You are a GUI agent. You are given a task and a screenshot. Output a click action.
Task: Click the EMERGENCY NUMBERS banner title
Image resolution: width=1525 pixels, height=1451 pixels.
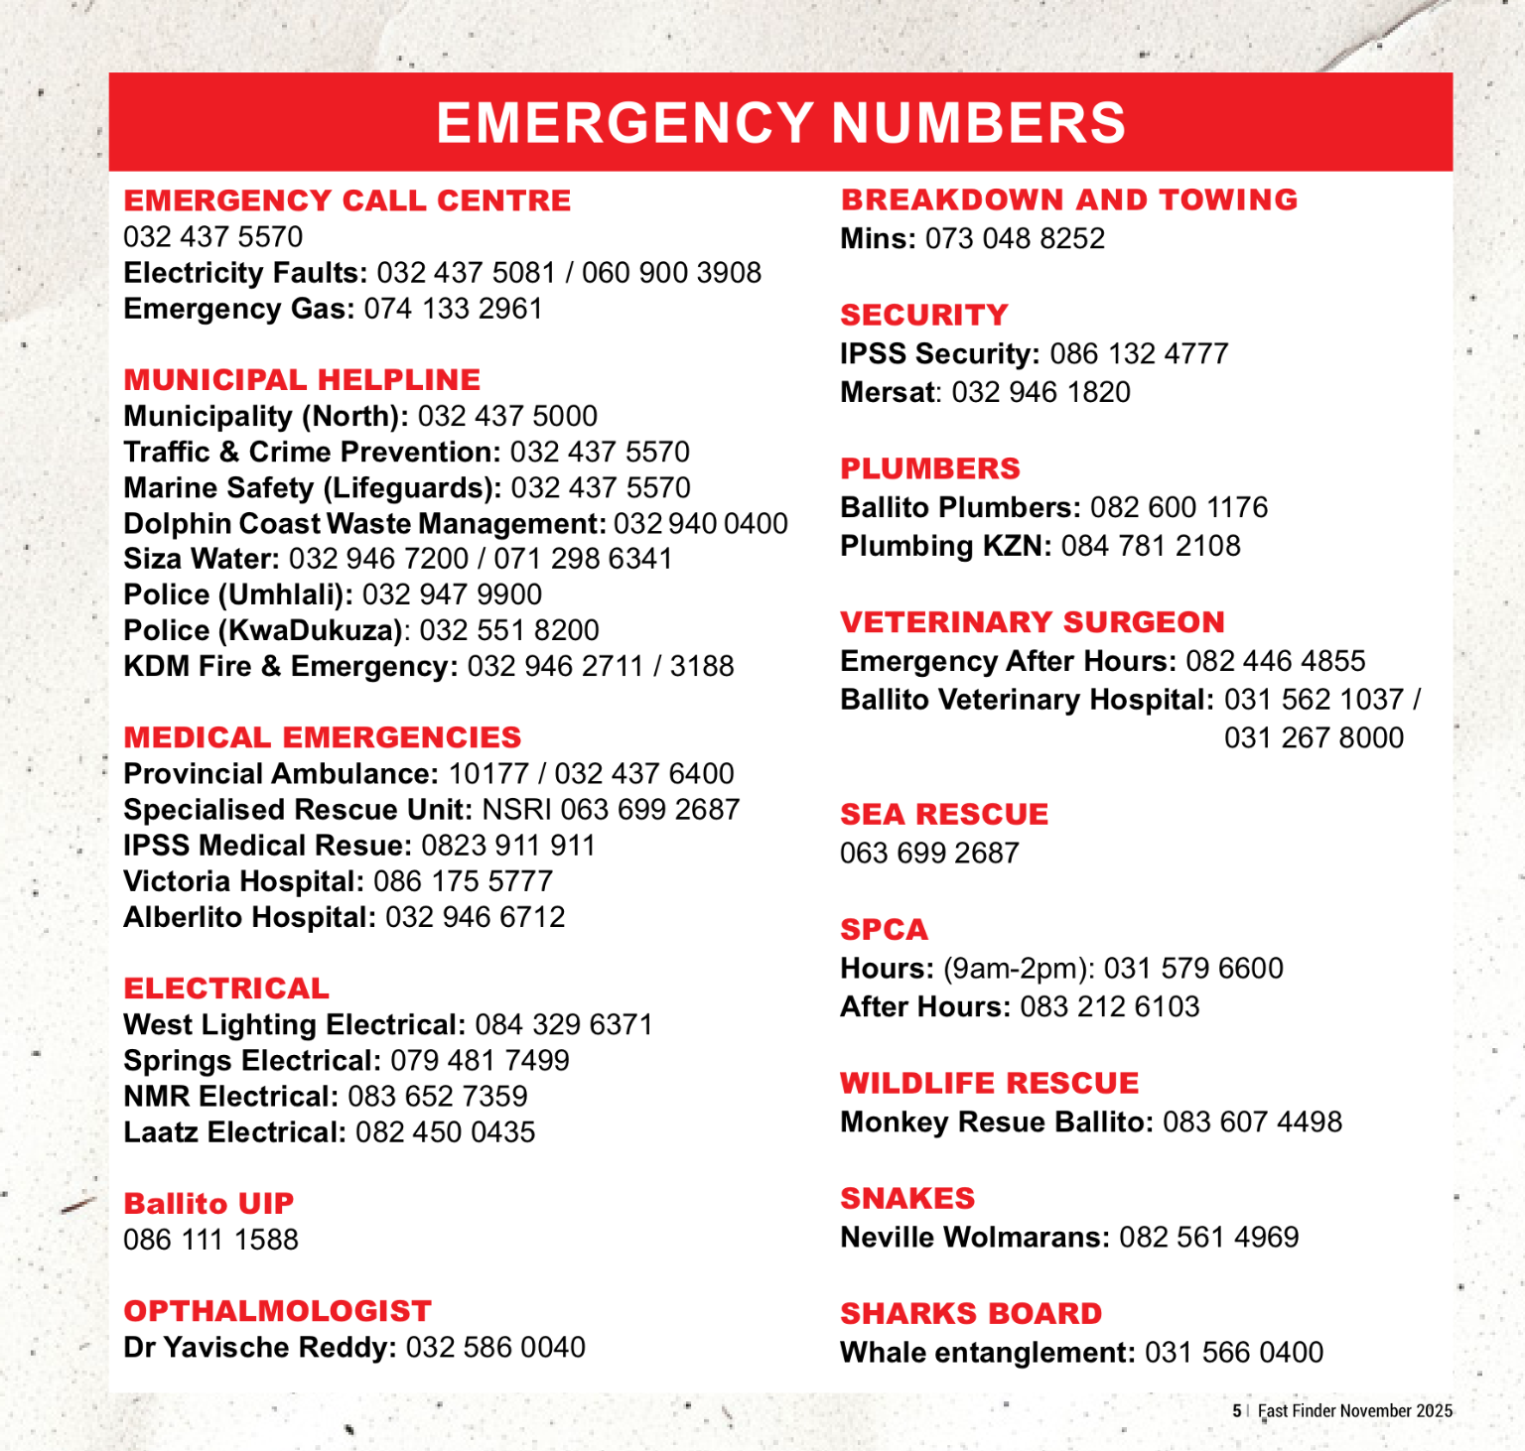coord(780,123)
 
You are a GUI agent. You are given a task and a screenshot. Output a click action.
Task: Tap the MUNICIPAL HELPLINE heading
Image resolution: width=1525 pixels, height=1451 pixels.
coord(302,379)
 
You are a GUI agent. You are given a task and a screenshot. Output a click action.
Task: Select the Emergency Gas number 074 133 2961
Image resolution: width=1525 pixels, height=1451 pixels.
coord(453,309)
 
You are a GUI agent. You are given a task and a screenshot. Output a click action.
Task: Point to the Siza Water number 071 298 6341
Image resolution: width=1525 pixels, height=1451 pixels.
coord(583,559)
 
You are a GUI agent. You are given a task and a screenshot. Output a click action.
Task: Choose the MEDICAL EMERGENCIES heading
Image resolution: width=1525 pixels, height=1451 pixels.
coord(323,737)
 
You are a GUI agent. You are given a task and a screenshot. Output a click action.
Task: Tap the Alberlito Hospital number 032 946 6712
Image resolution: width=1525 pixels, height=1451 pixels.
coord(475,917)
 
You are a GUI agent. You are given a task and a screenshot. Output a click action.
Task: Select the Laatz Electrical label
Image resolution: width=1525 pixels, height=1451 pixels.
coord(235,1132)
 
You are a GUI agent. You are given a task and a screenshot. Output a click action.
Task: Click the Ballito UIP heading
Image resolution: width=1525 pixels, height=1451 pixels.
coord(208,1204)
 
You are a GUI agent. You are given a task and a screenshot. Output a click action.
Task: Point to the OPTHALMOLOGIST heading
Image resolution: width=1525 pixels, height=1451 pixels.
coord(277,1311)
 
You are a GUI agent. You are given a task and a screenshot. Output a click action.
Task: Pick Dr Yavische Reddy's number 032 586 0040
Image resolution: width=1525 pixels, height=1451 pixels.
coord(495,1348)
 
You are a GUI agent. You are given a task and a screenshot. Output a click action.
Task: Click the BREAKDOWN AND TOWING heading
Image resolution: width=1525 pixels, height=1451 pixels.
coord(1069,199)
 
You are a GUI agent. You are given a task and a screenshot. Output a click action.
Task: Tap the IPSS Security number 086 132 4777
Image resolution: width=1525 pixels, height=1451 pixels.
coord(1139,353)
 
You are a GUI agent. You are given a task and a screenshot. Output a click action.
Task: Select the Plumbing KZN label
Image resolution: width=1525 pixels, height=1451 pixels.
coord(945,546)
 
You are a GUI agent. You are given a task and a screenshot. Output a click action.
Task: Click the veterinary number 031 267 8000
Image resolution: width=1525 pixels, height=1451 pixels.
coord(1314,737)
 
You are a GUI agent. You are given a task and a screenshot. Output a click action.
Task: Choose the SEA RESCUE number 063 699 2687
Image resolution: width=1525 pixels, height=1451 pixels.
coord(929,854)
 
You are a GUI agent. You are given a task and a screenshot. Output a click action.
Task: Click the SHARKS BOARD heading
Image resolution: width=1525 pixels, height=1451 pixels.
coord(971,1313)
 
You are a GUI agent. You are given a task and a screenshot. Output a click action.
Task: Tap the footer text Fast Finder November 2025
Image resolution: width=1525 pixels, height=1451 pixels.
coord(1354,1410)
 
